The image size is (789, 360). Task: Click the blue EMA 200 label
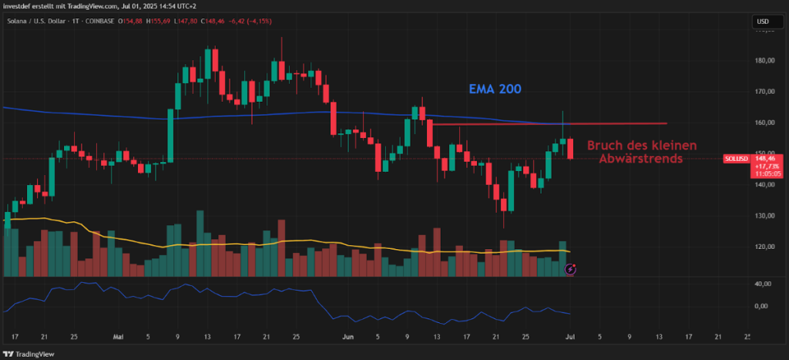[495, 89]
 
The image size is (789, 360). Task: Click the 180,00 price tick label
[765, 61]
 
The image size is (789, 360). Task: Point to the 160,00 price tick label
[765, 123]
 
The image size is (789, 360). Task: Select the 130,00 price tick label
[765, 216]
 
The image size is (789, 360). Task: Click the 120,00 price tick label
[765, 247]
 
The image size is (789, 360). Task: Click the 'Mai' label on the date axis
[118, 337]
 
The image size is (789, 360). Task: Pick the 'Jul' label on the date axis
[569, 337]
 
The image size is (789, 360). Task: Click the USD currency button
[764, 21]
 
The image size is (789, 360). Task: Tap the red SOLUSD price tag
[737, 158]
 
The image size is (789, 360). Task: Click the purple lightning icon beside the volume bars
[570, 269]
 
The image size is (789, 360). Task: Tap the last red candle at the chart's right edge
[571, 149]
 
